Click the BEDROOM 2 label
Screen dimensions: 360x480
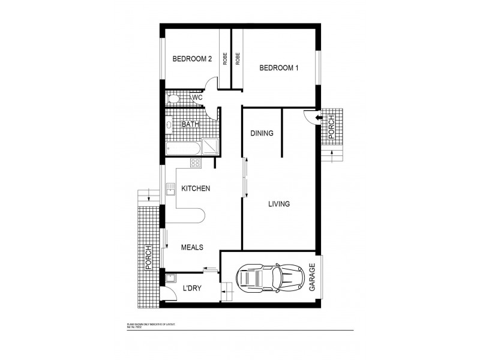pyautogui.click(x=192, y=59)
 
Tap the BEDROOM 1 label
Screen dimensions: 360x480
pyautogui.click(x=278, y=68)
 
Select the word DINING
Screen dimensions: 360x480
pyautogui.click(x=262, y=133)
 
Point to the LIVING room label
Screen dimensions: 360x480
pyautogui.click(x=278, y=204)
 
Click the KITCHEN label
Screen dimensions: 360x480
pyautogui.click(x=196, y=188)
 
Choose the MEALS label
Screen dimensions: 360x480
pyautogui.click(x=192, y=247)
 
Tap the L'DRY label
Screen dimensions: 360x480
pyautogui.click(x=191, y=289)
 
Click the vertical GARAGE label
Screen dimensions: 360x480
pyautogui.click(x=312, y=278)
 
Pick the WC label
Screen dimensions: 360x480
pyautogui.click(x=196, y=98)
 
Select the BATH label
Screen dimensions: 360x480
pyautogui.click(x=190, y=125)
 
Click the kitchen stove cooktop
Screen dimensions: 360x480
pyautogui.click(x=195, y=163)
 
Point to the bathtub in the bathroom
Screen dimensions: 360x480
pyautogui.click(x=182, y=147)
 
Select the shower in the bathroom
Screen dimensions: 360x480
pyautogui.click(x=210, y=147)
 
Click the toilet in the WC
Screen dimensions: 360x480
pyautogui.click(x=173, y=98)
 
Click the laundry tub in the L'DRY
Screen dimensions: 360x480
pyautogui.click(x=170, y=278)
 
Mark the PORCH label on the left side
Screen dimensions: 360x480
pyautogui.click(x=145, y=259)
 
